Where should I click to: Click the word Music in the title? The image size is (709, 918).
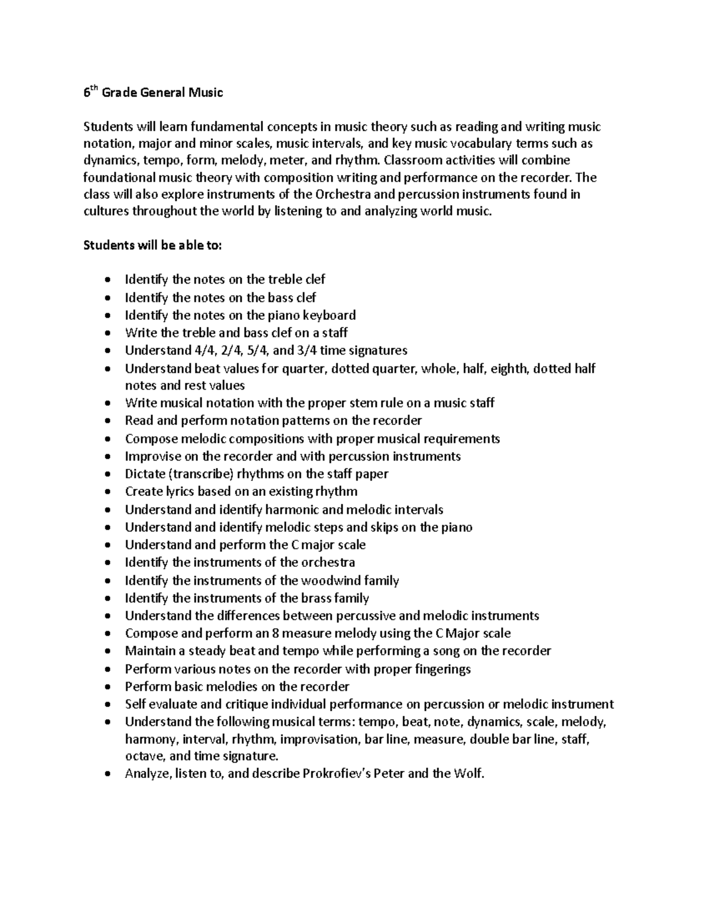[x=206, y=93]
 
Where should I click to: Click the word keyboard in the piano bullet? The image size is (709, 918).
[x=331, y=315]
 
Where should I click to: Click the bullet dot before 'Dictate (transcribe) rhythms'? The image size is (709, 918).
[x=106, y=475]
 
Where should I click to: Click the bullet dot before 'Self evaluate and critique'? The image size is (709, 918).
[x=106, y=705]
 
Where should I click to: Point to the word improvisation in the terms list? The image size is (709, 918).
[x=320, y=739]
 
